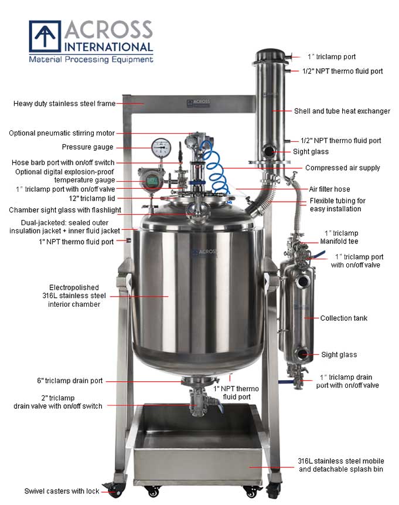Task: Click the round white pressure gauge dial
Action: tap(161, 148)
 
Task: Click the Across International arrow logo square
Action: tap(45, 36)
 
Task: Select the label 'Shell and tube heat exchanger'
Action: tap(342, 111)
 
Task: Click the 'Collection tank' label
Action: tap(344, 318)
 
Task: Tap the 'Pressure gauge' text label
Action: tap(87, 147)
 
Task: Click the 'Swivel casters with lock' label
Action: tap(62, 491)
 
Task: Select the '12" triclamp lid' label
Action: tap(92, 198)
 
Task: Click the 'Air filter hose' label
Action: tap(329, 189)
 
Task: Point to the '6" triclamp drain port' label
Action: tap(70, 381)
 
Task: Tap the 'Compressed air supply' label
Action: tap(343, 168)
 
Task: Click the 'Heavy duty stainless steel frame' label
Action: tap(64, 104)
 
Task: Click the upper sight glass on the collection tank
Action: tap(303, 282)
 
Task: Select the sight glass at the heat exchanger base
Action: tap(268, 151)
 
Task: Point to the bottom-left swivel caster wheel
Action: tap(115, 491)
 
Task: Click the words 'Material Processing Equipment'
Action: tap(91, 60)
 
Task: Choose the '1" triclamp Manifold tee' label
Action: tap(339, 237)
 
